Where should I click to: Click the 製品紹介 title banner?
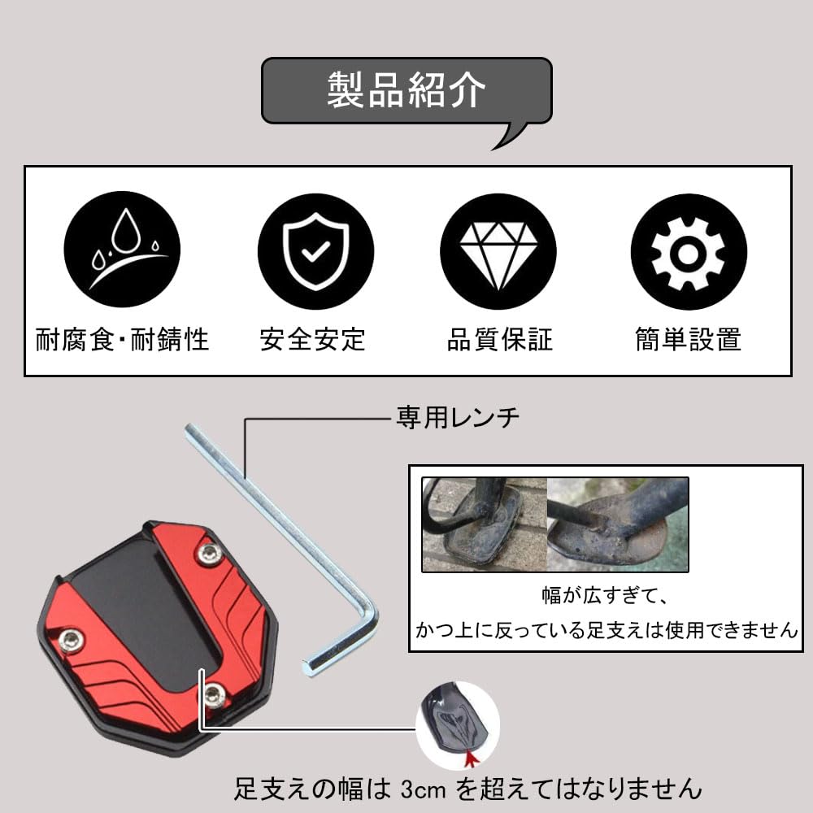[406, 91]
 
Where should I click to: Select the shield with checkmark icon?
[315, 250]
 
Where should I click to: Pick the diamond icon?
[498, 250]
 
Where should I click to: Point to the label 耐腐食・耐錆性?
[122, 338]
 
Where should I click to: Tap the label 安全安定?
[313, 338]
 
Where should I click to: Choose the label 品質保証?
[499, 338]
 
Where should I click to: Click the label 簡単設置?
[688, 338]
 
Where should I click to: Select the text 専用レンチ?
[457, 419]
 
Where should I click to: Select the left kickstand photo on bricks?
[484, 524]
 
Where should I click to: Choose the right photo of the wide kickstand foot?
[618, 524]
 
